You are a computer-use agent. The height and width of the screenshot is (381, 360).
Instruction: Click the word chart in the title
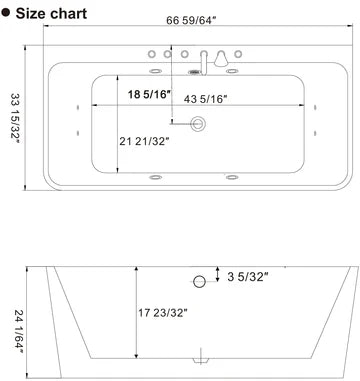(78, 14)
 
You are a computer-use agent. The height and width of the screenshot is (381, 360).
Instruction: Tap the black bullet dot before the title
(9, 14)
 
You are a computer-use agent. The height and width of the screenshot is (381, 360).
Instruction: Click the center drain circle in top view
(198, 124)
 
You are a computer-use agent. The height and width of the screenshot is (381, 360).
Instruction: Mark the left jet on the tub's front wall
(157, 179)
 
